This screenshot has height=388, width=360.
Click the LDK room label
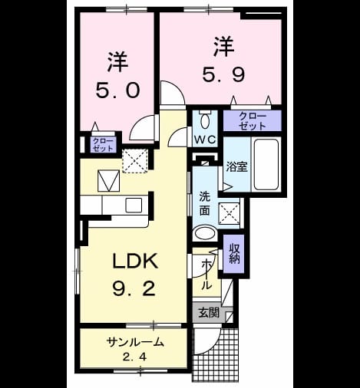[135, 261]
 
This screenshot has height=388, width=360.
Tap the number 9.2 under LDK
[134, 289]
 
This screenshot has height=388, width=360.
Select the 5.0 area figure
[118, 90]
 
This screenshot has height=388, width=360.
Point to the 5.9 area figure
[223, 74]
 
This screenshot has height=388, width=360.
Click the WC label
[205, 140]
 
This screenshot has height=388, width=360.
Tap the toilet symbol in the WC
[205, 120]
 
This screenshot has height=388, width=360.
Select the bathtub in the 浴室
[266, 164]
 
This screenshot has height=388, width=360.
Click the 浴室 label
[236, 166]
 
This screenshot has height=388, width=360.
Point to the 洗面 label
[205, 204]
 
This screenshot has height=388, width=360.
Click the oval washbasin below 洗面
[206, 233]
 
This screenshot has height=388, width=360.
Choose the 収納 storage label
[234, 254]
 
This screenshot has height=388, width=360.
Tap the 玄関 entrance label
[209, 312]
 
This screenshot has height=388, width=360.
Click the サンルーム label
[135, 342]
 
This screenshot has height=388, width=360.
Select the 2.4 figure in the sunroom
[134, 357]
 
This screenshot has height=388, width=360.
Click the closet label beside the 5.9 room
[253, 120]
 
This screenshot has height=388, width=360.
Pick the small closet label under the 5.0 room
[103, 145]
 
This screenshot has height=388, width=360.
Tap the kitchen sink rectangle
[134, 206]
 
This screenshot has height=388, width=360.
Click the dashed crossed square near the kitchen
[135, 161]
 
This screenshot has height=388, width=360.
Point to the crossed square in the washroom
[229, 214]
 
